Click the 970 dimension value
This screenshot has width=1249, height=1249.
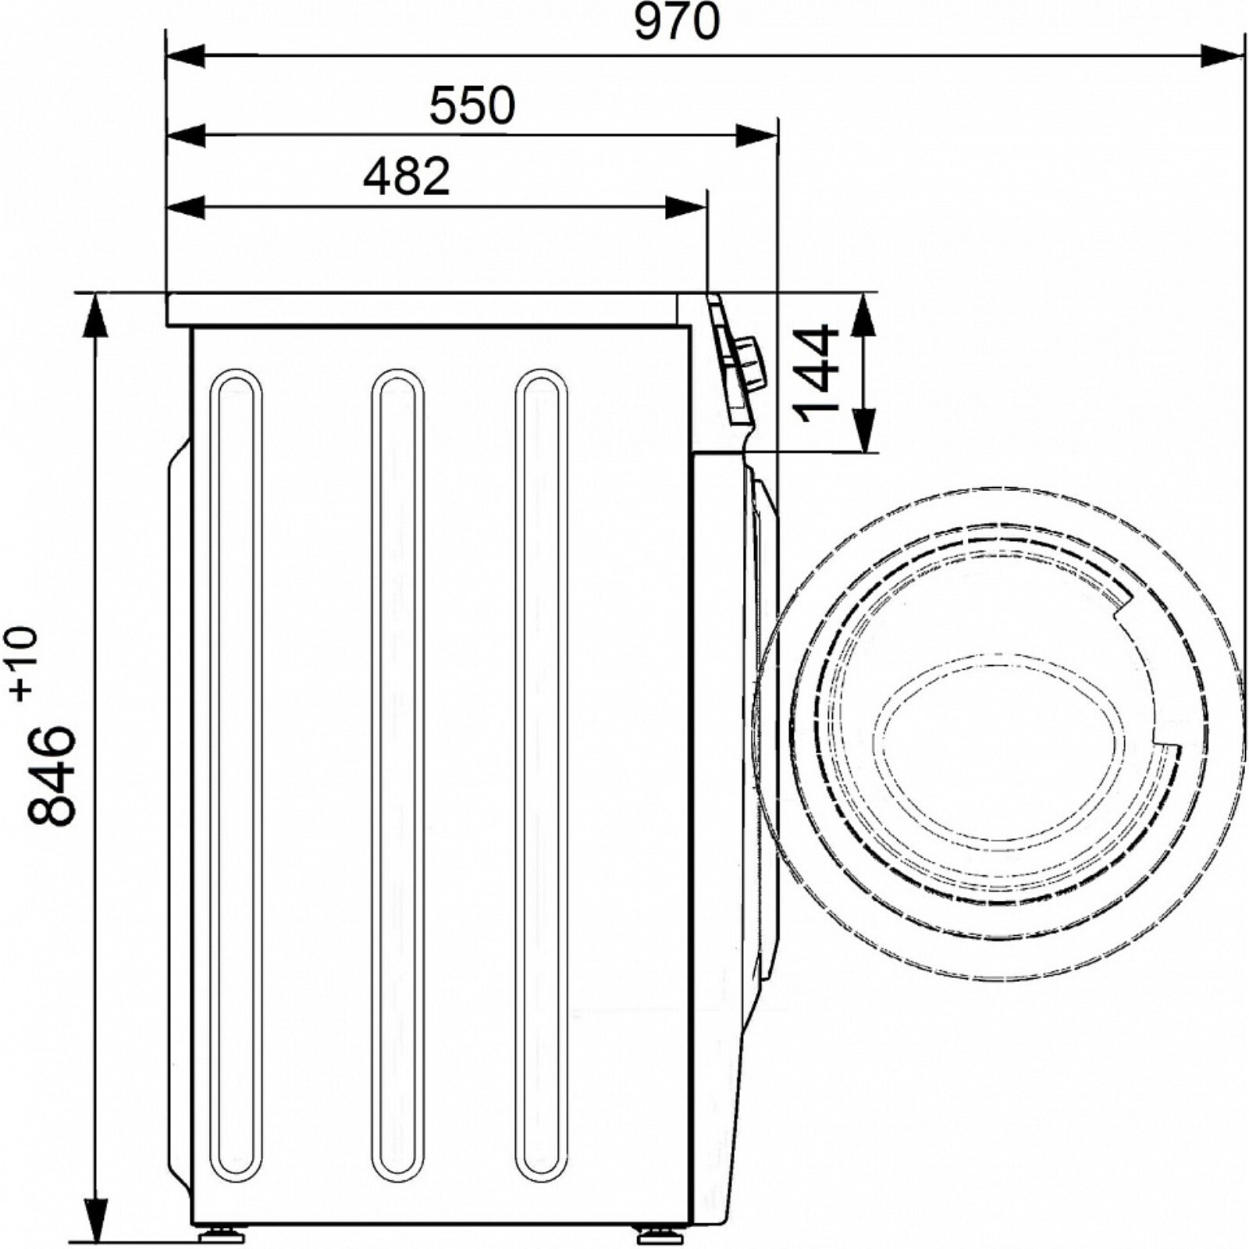676,23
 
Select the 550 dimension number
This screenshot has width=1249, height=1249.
472,106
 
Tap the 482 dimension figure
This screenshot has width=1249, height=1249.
407,177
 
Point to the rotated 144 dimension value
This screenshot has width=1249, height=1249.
815,373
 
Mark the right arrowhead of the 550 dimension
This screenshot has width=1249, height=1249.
757,136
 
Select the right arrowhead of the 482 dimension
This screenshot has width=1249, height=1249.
685,208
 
